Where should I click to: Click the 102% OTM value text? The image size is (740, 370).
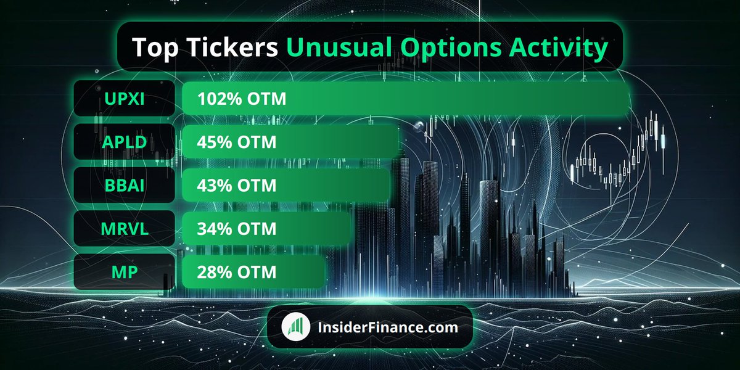(x=242, y=99)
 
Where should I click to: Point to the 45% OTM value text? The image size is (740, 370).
(x=237, y=142)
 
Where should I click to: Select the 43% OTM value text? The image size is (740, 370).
(x=237, y=185)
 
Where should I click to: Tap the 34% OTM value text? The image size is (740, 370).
(x=237, y=229)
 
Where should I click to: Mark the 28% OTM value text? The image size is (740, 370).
(x=237, y=272)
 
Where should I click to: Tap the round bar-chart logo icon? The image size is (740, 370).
(x=296, y=327)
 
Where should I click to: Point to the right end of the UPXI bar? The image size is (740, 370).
(x=625, y=99)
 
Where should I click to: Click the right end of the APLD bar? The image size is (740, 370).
(x=396, y=142)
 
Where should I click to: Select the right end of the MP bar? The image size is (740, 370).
(x=321, y=272)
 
